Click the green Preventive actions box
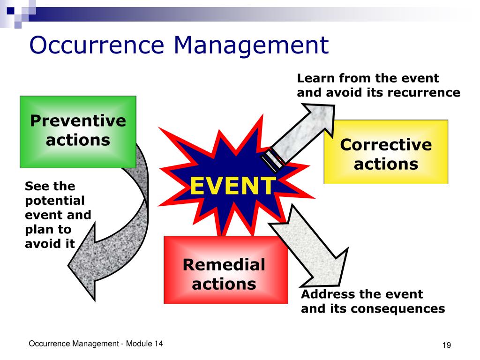click(x=78, y=132)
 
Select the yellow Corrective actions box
click(x=386, y=151)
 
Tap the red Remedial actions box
click(x=225, y=270)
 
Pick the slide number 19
click(x=446, y=345)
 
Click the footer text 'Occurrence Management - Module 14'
click(x=96, y=344)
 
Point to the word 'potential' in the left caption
click(x=54, y=201)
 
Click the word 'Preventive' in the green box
click(x=78, y=121)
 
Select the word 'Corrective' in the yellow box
click(x=386, y=144)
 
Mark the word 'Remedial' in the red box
click(x=224, y=264)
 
